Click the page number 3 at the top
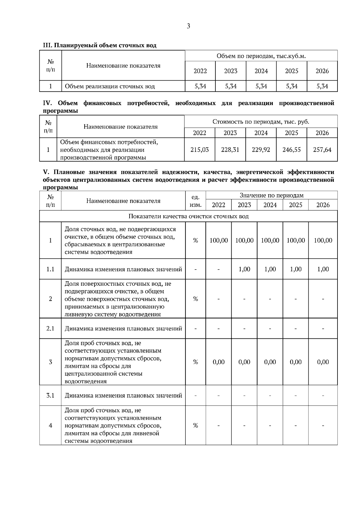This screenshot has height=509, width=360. (x=188, y=26)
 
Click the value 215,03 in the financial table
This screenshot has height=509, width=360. (x=199, y=150)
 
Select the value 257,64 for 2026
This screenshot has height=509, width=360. (x=322, y=150)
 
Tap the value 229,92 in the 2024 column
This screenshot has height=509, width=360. (x=261, y=150)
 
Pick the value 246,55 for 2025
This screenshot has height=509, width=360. (x=291, y=150)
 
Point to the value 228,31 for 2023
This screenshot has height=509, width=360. (x=230, y=150)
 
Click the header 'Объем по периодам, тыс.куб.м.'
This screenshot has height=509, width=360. (x=261, y=56)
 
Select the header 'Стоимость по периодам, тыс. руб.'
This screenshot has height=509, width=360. (x=261, y=122)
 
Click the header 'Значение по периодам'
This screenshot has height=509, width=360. (x=271, y=195)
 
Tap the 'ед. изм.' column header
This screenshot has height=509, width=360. (x=196, y=201)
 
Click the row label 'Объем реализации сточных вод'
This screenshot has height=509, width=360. (x=110, y=87)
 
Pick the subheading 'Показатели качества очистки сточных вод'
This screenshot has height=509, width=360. (x=188, y=216)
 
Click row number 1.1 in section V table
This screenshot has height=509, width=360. (x=50, y=269)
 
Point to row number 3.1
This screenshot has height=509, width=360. (x=50, y=395)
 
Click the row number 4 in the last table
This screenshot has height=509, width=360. (x=50, y=425)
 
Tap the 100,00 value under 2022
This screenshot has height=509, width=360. (x=218, y=240)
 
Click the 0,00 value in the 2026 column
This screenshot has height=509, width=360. (x=323, y=362)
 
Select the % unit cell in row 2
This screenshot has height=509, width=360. (x=196, y=299)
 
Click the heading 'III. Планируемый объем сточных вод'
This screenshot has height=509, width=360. (x=100, y=46)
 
